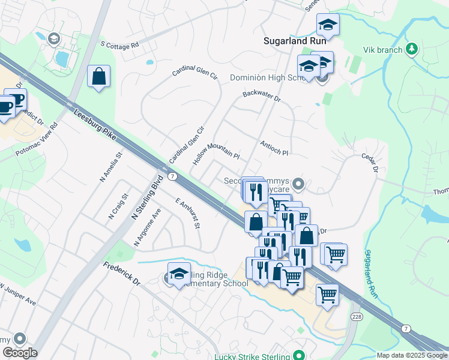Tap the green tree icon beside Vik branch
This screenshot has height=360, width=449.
412,49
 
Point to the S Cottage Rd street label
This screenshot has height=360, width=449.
119,44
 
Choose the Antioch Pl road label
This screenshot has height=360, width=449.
274,148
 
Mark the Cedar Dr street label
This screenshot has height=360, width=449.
369,162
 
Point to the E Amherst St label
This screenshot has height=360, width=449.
187,212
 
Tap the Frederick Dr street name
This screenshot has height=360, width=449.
121,273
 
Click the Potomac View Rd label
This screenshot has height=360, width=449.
36,140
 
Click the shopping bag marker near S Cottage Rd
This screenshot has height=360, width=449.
98,77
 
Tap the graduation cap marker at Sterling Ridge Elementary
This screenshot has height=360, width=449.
179,274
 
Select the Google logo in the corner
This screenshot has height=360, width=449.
20,353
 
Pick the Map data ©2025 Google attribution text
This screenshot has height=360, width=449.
411,355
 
